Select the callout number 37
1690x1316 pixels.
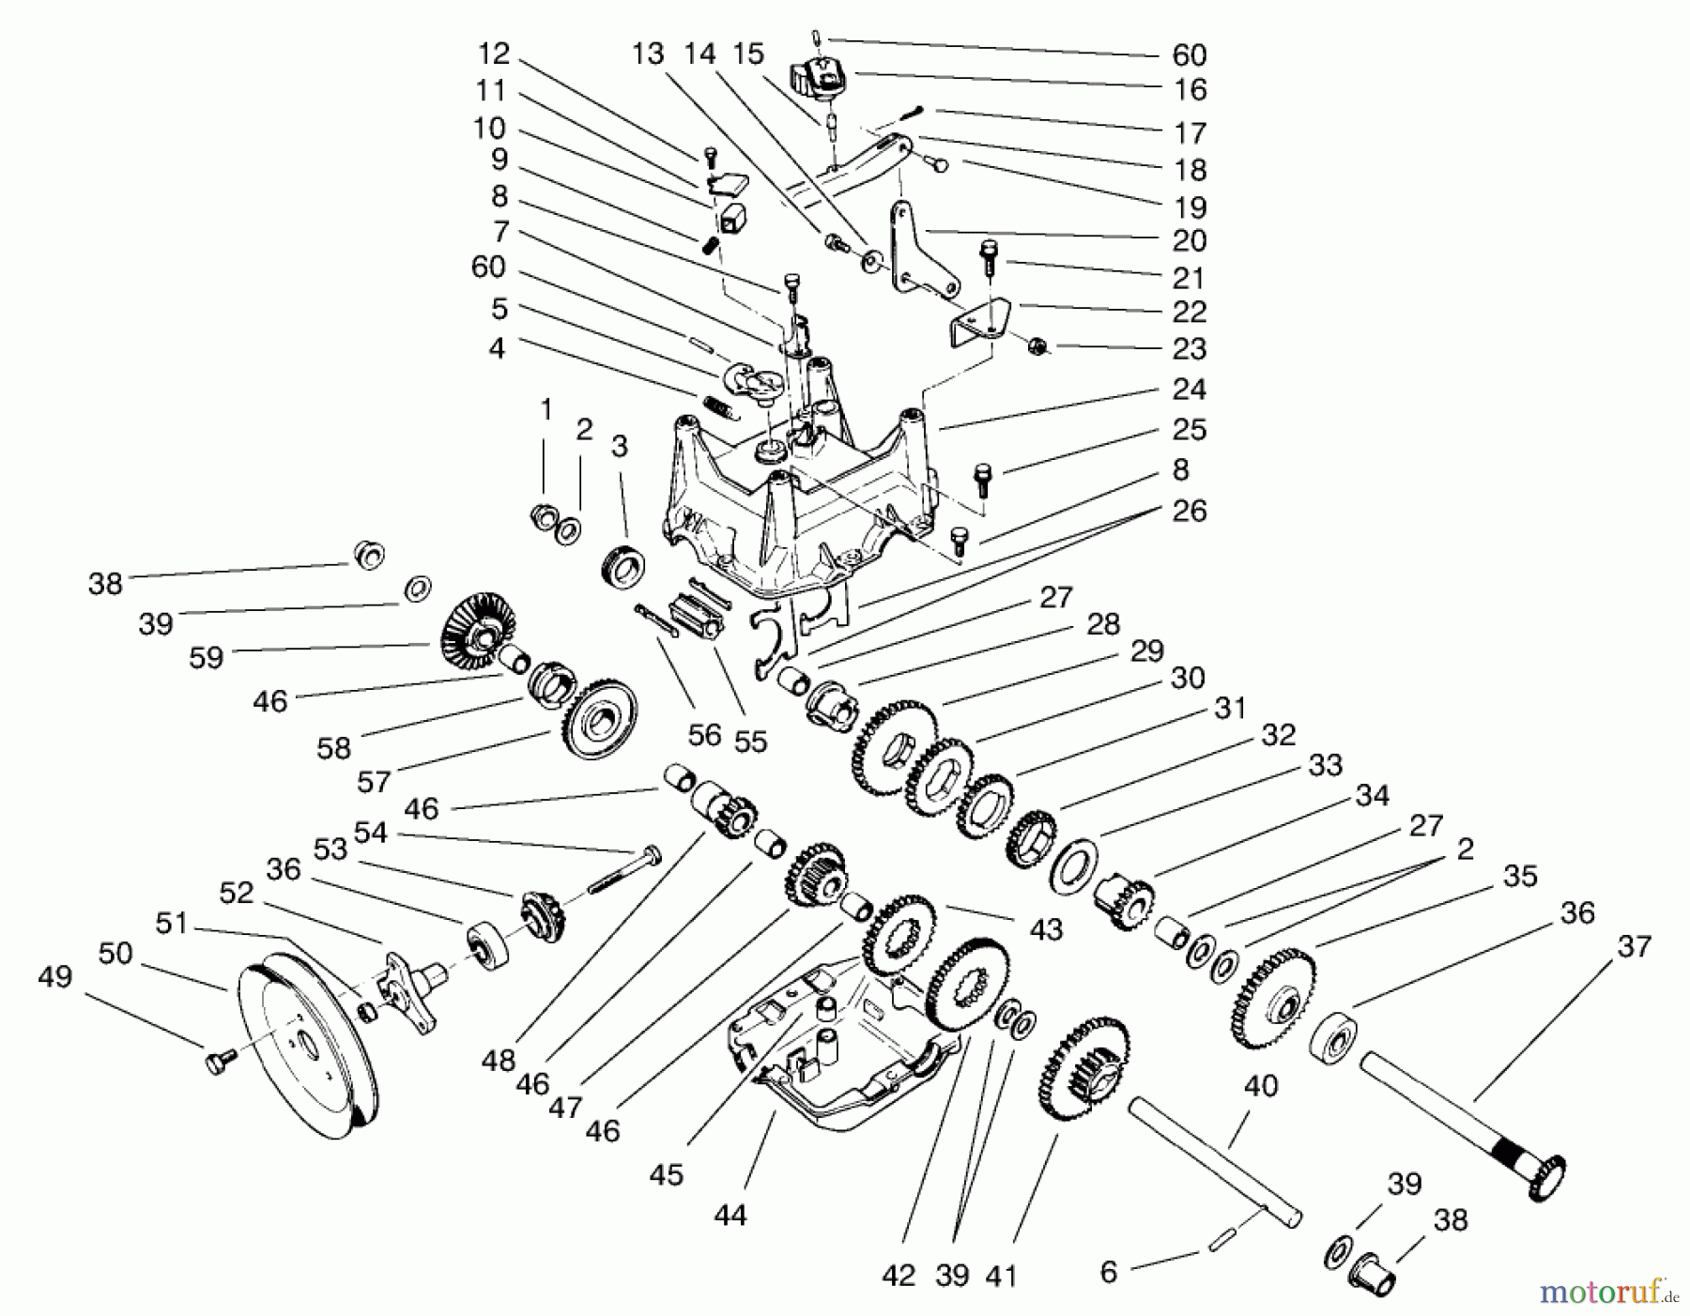(x=1633, y=946)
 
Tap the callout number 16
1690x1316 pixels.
(x=1189, y=90)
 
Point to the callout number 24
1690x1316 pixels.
(x=1189, y=389)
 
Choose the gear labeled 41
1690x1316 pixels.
(x=1084, y=1070)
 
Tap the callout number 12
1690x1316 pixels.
(x=493, y=54)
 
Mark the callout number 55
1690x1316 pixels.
(x=750, y=742)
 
